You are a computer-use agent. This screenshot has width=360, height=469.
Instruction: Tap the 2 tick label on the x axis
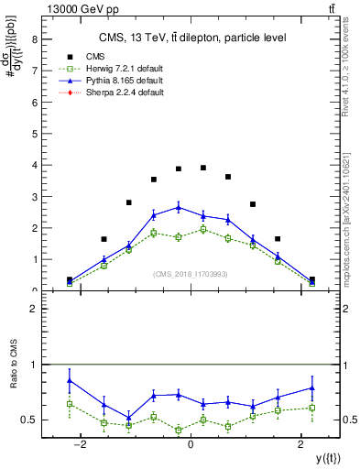pos(301,444)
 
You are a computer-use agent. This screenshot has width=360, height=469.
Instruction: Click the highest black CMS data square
pos(203,168)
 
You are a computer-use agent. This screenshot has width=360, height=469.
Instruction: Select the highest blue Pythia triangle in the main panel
pos(179,207)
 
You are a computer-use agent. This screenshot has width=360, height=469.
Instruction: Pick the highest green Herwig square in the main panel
pos(203,230)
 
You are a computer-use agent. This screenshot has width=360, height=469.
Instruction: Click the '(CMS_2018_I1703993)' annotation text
pos(190,273)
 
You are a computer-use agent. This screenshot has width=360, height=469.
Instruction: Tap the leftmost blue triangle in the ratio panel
pos(70,380)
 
